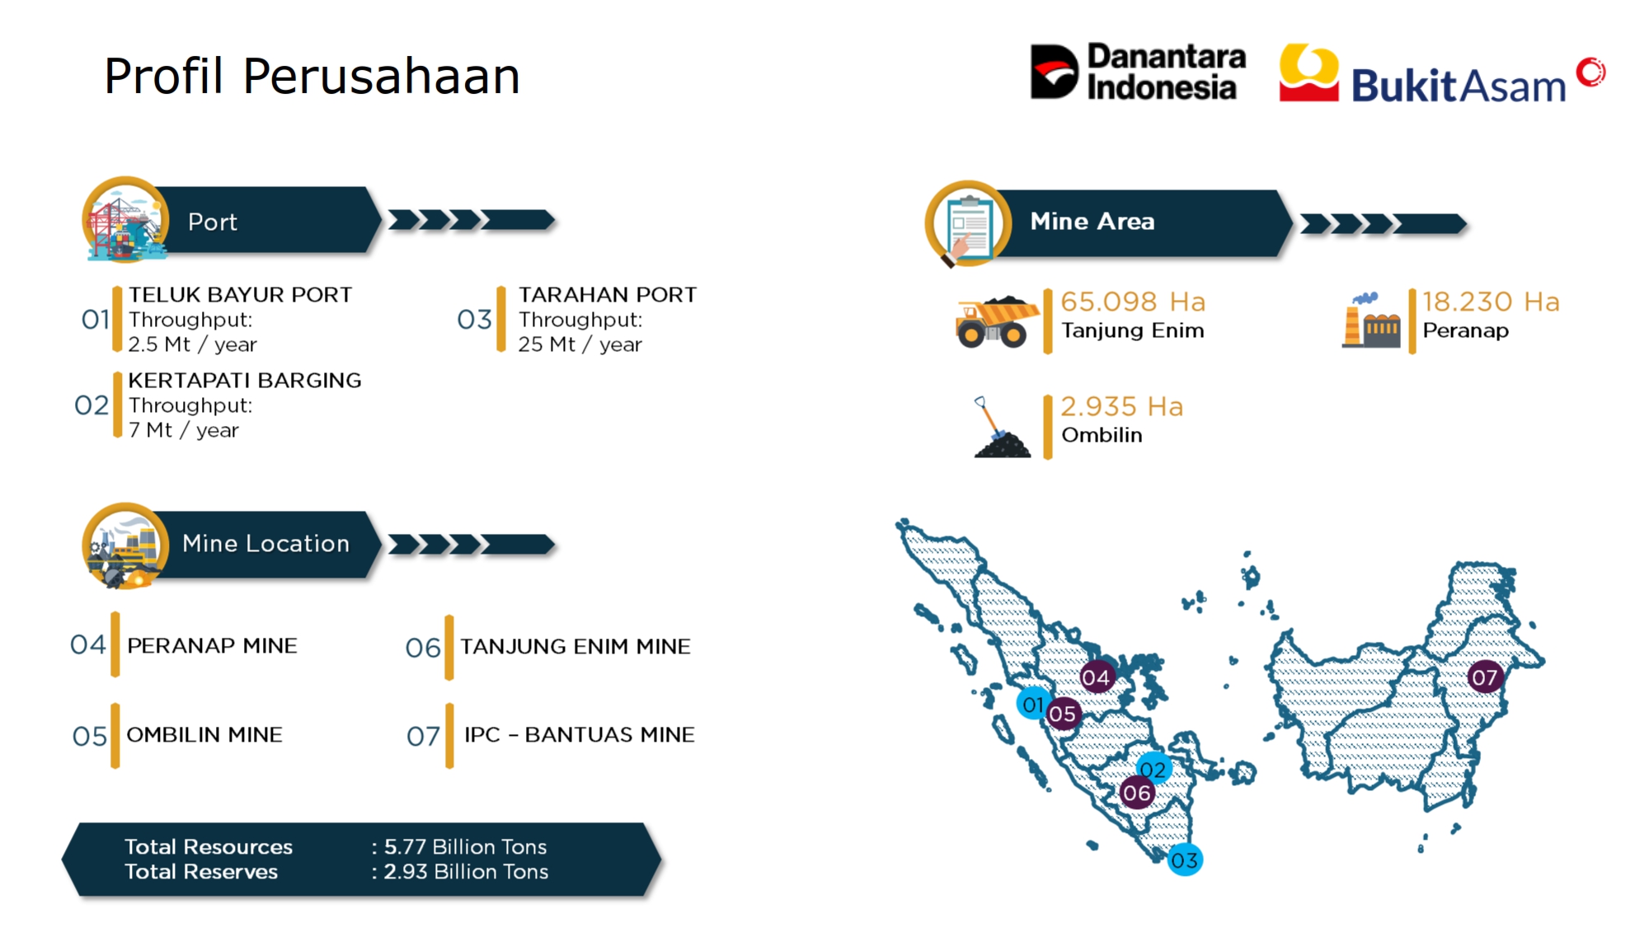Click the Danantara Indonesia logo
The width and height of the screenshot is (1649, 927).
(x=1138, y=72)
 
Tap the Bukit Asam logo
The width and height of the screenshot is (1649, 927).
(x=1442, y=73)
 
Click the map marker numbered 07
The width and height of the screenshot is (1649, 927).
(x=1485, y=677)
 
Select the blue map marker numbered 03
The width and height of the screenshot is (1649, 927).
(x=1185, y=860)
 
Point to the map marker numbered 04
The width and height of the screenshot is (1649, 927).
(x=1097, y=678)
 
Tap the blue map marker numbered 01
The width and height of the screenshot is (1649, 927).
(x=1033, y=704)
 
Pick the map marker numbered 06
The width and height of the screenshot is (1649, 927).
(x=1137, y=794)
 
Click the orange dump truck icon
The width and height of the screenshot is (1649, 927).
(x=996, y=321)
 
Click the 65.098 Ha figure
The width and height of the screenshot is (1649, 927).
(x=1133, y=302)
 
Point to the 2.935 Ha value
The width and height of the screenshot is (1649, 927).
(x=1121, y=406)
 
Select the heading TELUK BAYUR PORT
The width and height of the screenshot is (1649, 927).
(x=240, y=295)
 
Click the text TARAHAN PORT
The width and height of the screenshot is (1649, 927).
(x=608, y=295)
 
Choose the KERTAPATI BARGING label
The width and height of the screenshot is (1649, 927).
(x=245, y=381)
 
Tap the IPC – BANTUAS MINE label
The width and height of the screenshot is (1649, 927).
(x=580, y=734)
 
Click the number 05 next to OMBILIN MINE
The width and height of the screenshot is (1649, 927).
(x=90, y=736)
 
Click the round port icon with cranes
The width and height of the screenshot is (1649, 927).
(x=125, y=220)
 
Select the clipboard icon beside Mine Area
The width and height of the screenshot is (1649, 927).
(x=968, y=224)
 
